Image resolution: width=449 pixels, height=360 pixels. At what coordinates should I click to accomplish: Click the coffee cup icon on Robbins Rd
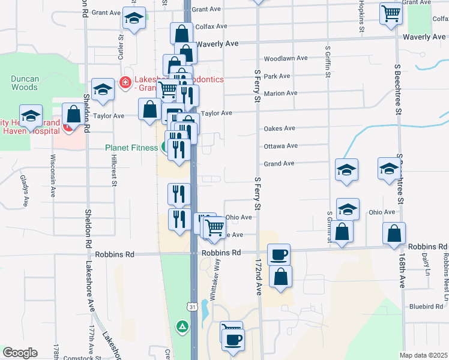[279, 254]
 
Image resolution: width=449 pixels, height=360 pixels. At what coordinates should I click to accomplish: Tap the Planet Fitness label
[134, 148]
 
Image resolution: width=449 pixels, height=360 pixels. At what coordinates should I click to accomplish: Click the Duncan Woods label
[25, 83]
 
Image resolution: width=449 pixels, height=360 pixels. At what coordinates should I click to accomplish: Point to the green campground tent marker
[181, 326]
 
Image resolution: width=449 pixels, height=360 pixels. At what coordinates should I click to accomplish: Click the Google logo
[20, 353]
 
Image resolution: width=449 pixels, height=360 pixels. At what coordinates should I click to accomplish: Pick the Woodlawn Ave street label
[285, 59]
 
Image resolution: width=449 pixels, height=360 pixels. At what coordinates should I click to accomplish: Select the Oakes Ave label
[279, 128]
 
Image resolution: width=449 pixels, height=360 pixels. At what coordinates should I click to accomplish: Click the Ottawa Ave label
[280, 146]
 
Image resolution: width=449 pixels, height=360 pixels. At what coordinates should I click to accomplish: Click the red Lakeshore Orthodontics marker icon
[125, 82]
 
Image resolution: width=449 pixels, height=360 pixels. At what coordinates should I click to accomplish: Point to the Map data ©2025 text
[423, 355]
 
